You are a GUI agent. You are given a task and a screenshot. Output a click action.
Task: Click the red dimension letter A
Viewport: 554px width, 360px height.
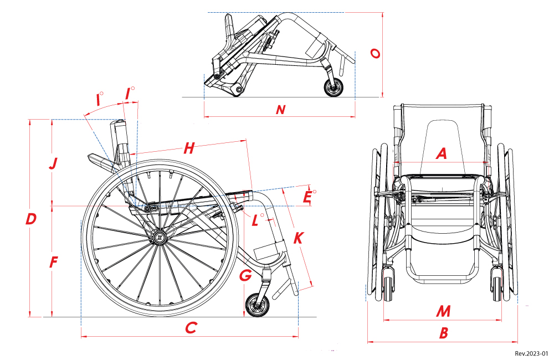coord(442,153)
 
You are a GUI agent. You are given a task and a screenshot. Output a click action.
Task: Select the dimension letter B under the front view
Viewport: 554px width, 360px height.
coord(444,333)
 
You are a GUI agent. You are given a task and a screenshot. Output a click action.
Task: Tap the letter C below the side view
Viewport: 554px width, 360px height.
coord(191,328)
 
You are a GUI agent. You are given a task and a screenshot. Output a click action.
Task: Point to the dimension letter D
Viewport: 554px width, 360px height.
coord(31,219)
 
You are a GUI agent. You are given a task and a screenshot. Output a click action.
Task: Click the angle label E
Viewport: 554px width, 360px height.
coord(308,197)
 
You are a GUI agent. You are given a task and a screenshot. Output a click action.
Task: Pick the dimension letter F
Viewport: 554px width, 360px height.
coord(54,263)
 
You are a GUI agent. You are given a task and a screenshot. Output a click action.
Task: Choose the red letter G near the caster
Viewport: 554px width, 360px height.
coord(246,275)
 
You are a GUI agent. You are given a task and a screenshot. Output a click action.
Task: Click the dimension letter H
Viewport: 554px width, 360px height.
coord(189,148)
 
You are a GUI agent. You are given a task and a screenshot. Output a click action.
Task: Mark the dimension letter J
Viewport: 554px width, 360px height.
coord(53,163)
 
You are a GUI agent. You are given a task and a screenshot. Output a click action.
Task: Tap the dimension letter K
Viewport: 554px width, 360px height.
coord(298,238)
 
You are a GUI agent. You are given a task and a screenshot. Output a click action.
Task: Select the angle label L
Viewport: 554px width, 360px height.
coord(255,220)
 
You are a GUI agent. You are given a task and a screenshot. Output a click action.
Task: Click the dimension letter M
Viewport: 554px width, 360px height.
coord(443,311)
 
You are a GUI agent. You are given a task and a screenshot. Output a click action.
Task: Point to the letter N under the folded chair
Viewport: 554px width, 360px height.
coord(281,110)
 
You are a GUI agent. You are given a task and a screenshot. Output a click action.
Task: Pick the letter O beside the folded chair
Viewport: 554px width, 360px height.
coord(375,53)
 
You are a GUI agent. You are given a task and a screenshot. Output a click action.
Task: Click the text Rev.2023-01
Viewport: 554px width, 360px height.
coord(531,353)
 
